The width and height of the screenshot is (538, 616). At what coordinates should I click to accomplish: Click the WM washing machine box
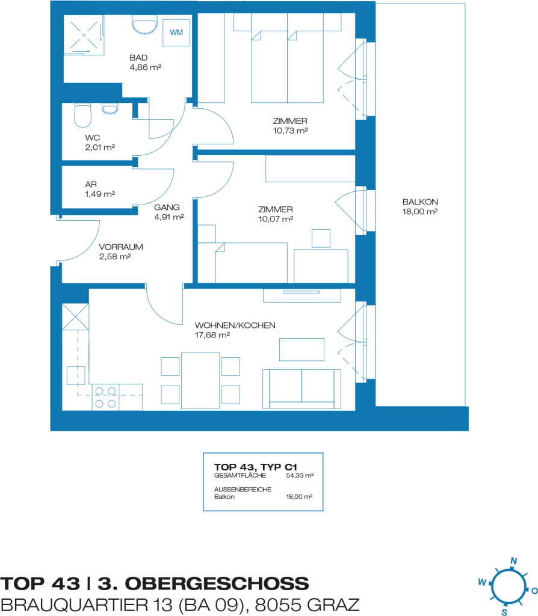coord(176,32)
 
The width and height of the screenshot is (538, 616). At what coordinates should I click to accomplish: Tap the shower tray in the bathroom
coord(84,35)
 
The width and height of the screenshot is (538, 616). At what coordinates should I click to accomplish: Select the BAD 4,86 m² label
coord(146,63)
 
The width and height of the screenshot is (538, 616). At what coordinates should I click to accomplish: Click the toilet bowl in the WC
coord(83,115)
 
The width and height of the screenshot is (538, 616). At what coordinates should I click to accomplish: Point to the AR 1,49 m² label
coord(100,189)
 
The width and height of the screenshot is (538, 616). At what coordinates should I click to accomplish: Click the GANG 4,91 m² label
coord(169,212)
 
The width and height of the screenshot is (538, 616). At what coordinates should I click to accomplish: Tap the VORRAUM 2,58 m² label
coord(120,251)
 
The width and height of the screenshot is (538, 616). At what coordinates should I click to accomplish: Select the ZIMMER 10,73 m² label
coord(291,126)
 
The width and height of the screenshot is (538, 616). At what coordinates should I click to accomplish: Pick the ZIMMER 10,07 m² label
coord(276,214)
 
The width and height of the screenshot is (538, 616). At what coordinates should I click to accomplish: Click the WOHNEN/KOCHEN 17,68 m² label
coord(235,330)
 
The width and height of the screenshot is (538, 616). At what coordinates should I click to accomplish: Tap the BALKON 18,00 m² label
coord(420,207)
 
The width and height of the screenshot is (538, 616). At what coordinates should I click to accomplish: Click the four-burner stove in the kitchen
coord(106,397)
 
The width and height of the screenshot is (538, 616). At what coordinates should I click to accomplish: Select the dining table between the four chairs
coord(200,381)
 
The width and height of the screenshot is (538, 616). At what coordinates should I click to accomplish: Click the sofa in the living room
coord(302,389)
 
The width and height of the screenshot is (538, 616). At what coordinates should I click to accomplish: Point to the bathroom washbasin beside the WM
coord(144,25)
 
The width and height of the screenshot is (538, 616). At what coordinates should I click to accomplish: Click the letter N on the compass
coord(514,561)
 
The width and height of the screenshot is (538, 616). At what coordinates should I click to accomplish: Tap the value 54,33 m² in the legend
coord(300,475)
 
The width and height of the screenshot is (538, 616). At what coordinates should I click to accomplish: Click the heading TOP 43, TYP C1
coord(255,467)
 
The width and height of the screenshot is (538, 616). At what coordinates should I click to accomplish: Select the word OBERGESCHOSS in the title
coord(217,584)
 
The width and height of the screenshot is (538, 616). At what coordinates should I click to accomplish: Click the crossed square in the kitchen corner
coord(75,316)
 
